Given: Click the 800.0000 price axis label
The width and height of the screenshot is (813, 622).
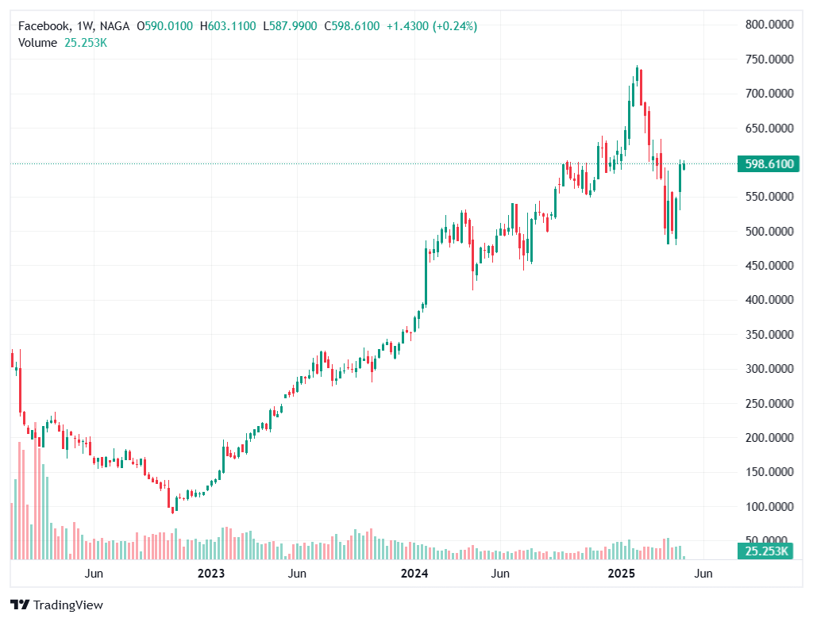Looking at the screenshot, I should [x=769, y=25].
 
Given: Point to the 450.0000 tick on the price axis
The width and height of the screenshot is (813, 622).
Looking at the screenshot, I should [x=769, y=265].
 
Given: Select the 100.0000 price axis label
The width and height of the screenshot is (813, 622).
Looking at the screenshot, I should [x=769, y=506].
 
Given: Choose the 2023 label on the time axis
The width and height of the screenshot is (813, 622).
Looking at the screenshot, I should [x=211, y=573].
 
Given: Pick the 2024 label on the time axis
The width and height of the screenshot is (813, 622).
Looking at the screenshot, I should [x=414, y=573].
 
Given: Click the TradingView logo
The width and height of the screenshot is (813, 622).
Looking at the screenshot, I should [x=56, y=605].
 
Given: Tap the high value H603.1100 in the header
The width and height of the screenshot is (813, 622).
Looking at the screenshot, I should [x=228, y=26].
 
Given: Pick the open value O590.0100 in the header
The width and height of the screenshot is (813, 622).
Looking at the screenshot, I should [x=164, y=26].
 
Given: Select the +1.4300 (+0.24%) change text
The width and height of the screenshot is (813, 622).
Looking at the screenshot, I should [x=432, y=26].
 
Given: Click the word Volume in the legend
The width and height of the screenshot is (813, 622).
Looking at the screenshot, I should [x=37, y=43].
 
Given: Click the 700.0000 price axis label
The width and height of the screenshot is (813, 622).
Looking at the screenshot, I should [x=769, y=94].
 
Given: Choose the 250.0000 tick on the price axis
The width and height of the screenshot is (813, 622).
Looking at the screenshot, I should [x=769, y=403].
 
